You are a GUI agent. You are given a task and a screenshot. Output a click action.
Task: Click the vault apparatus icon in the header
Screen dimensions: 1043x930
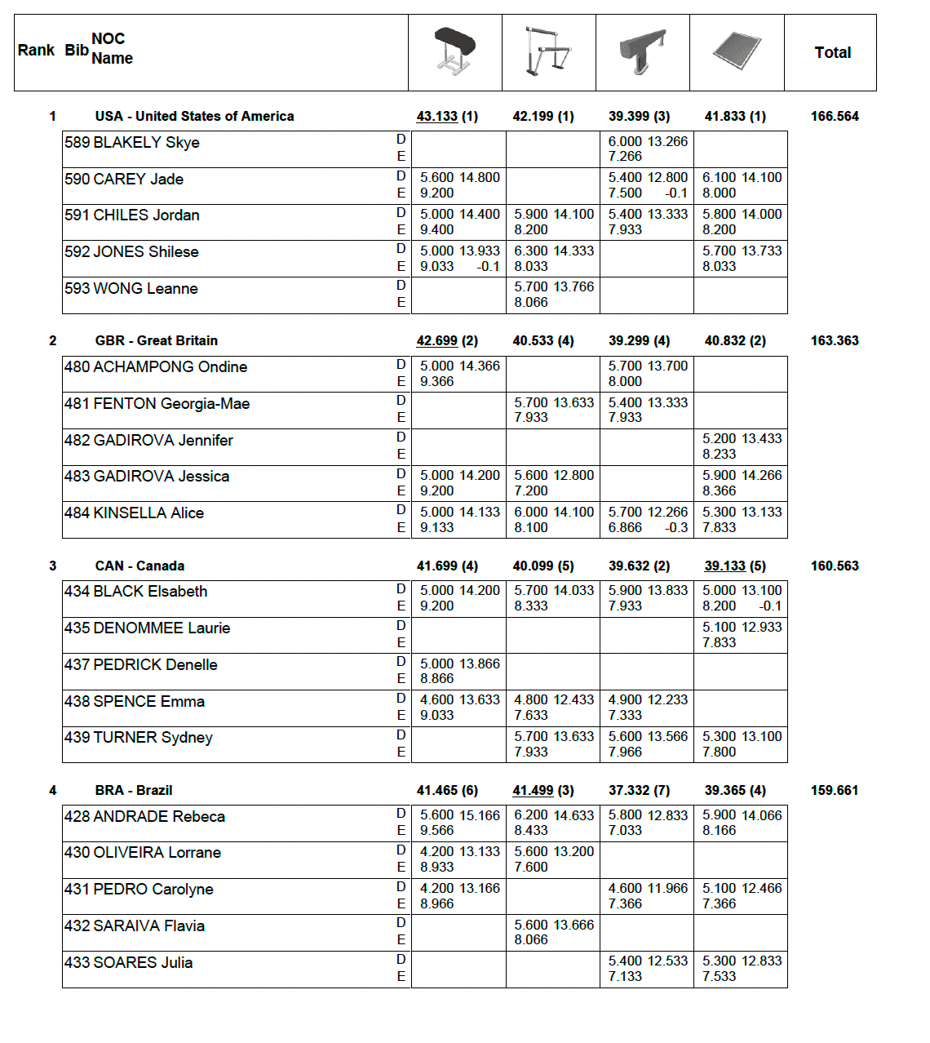click(455, 51)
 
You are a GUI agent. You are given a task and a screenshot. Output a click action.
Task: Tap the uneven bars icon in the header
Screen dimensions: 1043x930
click(547, 51)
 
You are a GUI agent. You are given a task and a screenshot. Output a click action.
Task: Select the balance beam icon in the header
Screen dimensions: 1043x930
click(643, 51)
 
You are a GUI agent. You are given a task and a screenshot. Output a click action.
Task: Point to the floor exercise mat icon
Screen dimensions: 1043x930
click(737, 51)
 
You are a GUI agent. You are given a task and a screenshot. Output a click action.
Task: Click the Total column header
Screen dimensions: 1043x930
click(832, 52)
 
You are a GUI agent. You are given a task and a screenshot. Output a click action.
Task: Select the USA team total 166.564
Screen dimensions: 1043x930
click(835, 116)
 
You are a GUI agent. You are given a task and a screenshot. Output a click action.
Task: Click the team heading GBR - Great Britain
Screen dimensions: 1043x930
click(156, 340)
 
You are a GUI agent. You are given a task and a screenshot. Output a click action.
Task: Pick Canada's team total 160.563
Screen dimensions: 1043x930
click(835, 566)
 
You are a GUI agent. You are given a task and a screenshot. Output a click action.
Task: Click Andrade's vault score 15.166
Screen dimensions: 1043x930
click(480, 815)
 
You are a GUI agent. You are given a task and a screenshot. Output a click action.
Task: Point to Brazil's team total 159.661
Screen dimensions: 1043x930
click(835, 790)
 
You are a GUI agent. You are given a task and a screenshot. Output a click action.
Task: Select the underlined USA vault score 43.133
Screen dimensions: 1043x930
click(437, 116)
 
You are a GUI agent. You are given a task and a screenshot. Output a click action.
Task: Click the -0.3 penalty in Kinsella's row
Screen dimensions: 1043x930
click(676, 527)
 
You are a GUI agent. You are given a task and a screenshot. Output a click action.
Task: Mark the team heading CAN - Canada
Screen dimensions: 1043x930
click(139, 566)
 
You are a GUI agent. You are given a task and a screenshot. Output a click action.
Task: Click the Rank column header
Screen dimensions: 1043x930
click(36, 50)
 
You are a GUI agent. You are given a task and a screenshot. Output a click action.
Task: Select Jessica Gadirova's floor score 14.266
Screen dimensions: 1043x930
click(762, 475)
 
